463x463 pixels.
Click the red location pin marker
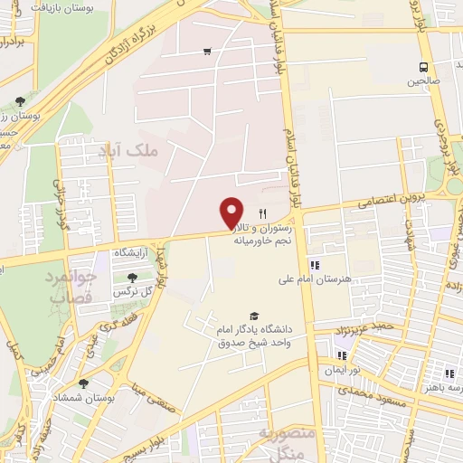[232, 213]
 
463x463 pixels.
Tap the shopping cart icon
[209, 51]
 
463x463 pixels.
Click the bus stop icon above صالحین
[423, 66]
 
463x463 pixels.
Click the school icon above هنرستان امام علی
[314, 265]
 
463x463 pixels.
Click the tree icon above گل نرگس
[133, 277]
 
